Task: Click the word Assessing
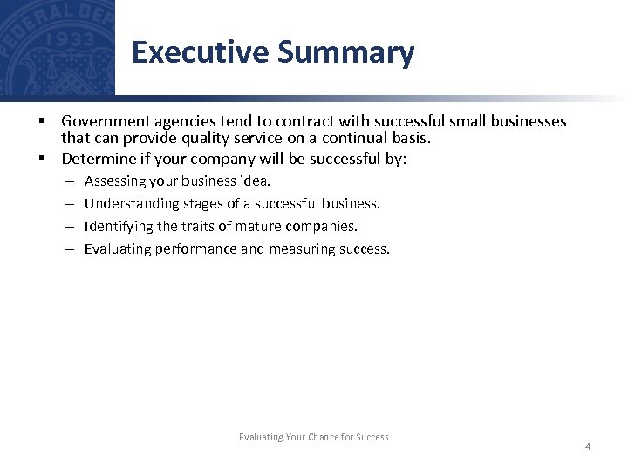pyautogui.click(x=114, y=181)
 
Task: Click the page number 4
pyautogui.click(x=587, y=447)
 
